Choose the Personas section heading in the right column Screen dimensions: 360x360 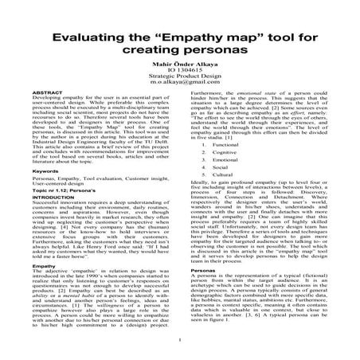point(202,294)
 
